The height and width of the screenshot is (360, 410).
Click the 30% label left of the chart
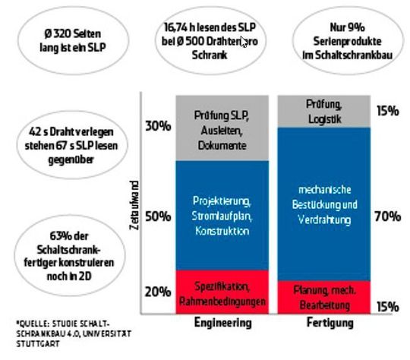coord(156,126)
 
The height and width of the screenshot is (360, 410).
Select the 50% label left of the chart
coord(156,216)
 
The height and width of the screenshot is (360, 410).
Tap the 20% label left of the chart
coord(156,292)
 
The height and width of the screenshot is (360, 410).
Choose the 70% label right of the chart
coord(387,216)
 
